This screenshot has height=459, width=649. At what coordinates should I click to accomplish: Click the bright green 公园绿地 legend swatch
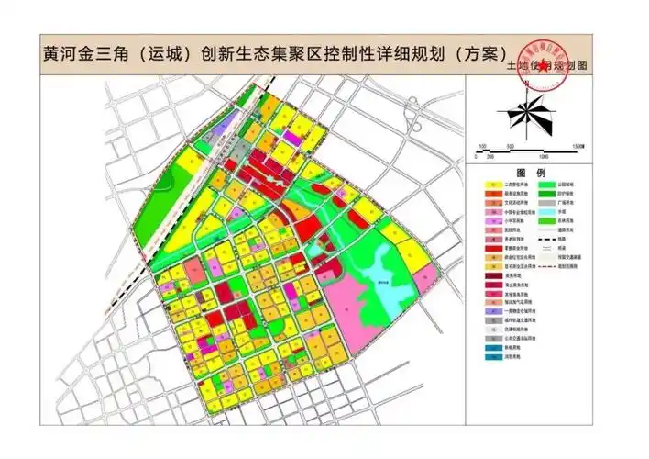548,184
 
